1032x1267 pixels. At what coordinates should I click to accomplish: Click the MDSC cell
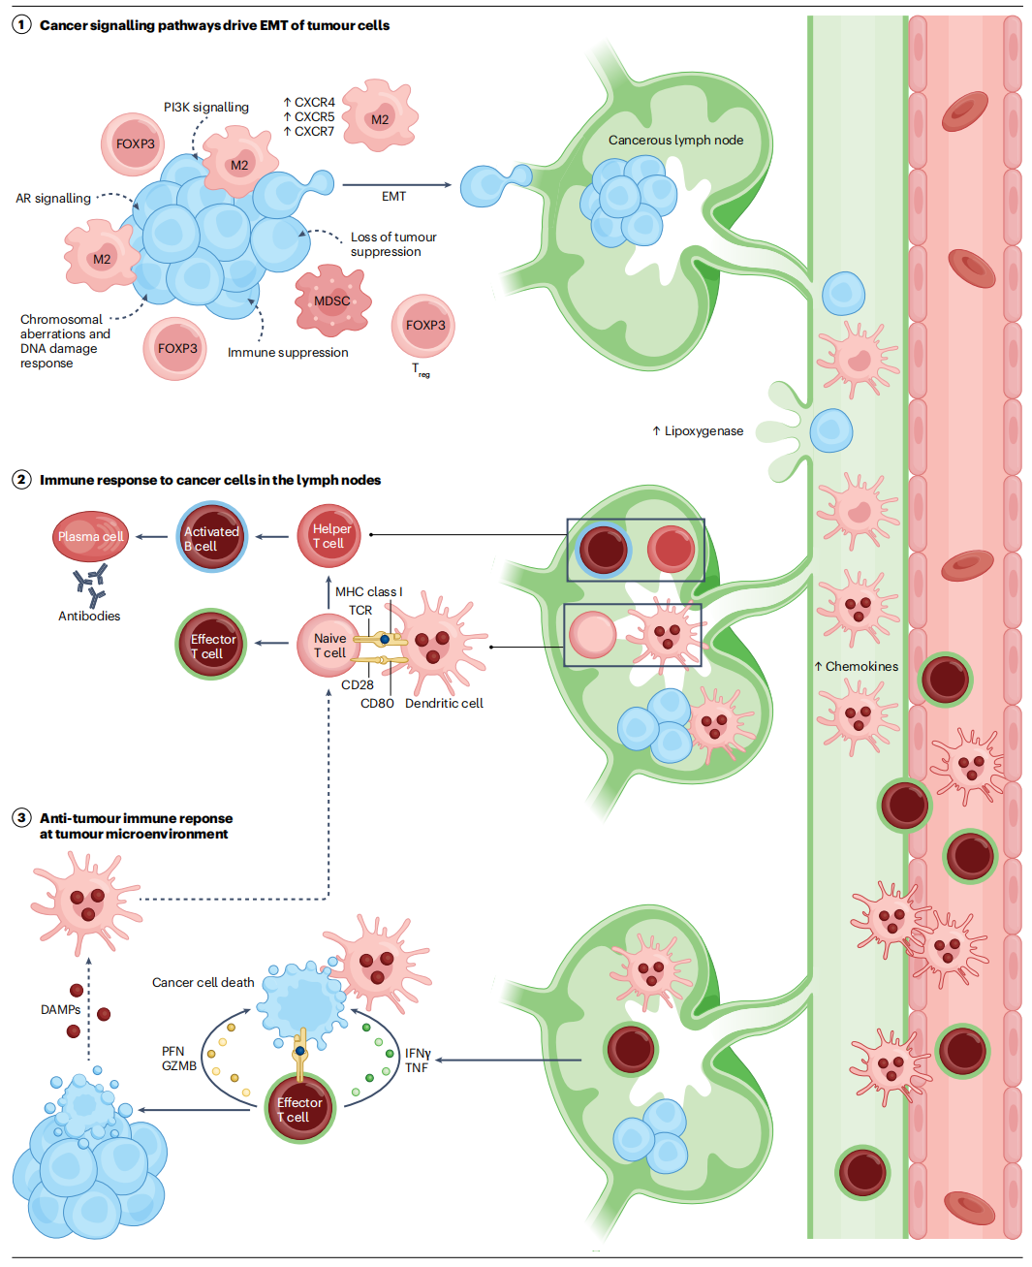click(332, 301)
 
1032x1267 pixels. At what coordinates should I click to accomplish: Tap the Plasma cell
click(90, 536)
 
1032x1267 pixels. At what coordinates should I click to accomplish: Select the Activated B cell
click(211, 538)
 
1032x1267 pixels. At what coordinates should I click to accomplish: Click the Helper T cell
click(329, 536)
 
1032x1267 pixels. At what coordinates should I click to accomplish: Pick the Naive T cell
click(328, 646)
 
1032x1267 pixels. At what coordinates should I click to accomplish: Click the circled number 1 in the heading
click(21, 25)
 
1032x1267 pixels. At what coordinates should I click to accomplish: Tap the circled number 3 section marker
click(21, 818)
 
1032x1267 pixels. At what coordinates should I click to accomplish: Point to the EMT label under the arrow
click(393, 197)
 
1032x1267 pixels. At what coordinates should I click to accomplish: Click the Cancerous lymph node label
click(675, 141)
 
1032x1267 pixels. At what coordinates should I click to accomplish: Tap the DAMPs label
click(60, 1010)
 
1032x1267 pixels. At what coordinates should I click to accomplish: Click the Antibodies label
click(89, 617)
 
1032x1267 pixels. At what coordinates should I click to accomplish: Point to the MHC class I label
click(368, 592)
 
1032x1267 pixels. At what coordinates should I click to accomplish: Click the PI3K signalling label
click(205, 108)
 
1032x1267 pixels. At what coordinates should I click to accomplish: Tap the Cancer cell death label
click(203, 983)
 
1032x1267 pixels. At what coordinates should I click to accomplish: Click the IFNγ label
click(418, 1054)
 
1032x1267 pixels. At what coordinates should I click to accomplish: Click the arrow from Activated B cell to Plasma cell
click(151, 537)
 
